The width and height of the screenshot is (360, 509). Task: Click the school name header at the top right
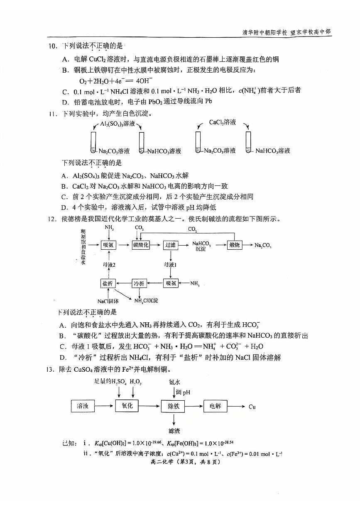point(287,32)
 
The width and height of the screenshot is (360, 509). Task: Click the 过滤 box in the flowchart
point(171,245)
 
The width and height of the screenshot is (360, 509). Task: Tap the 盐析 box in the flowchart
point(108,283)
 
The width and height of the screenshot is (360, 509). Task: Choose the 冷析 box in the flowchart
point(139,283)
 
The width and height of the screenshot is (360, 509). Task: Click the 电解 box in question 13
point(216,406)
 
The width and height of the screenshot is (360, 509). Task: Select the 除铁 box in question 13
point(173,406)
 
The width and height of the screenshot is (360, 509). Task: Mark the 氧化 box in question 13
point(127,406)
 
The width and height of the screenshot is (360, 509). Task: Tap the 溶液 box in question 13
point(83,406)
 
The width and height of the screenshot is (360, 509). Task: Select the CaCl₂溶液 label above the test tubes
point(222,122)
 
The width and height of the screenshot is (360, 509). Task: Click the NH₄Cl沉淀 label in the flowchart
point(146,300)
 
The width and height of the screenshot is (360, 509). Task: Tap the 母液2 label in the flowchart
point(108,264)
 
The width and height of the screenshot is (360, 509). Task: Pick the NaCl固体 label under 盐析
point(108,301)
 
